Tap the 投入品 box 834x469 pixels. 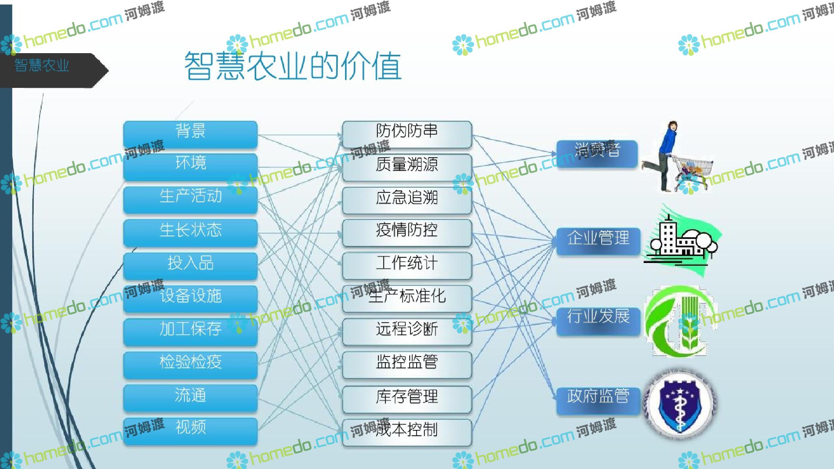click(x=190, y=266)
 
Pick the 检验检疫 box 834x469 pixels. click(x=190, y=365)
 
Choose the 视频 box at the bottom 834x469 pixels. click(x=190, y=431)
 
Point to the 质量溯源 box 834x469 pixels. click(x=407, y=167)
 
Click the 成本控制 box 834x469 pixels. click(x=407, y=433)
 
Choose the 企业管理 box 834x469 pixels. click(x=598, y=241)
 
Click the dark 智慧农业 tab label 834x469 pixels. click(x=42, y=65)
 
